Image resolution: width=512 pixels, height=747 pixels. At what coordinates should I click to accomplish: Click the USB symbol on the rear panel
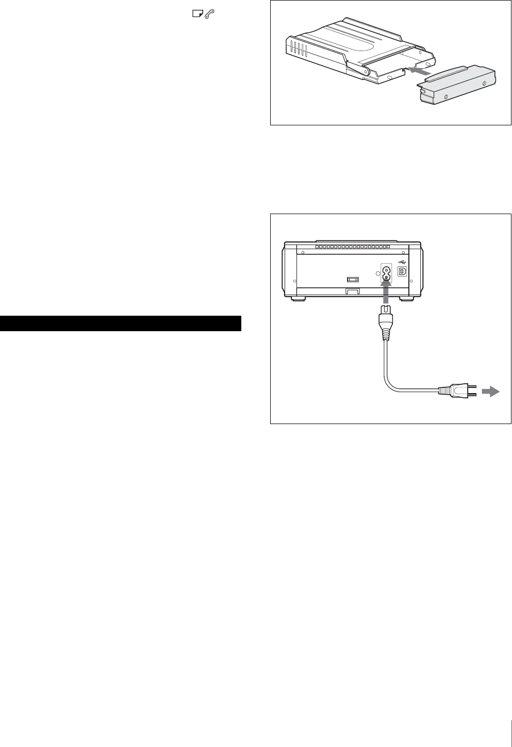[402, 261]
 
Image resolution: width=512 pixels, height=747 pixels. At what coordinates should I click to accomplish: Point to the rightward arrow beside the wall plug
[490, 392]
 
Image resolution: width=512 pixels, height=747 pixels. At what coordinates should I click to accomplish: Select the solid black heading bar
[121, 323]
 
